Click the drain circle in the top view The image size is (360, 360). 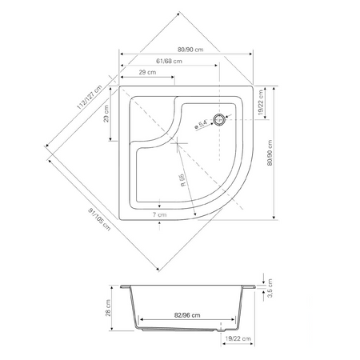219,119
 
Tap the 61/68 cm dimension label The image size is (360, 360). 169,61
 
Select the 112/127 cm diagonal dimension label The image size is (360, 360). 90,98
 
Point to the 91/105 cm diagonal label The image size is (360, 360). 99,219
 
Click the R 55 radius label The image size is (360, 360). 182,180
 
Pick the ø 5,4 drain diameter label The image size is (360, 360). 201,124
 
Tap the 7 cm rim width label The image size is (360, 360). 160,214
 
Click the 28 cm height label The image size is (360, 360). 108,308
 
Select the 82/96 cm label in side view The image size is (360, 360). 187,315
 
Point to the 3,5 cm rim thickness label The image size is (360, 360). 270,288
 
